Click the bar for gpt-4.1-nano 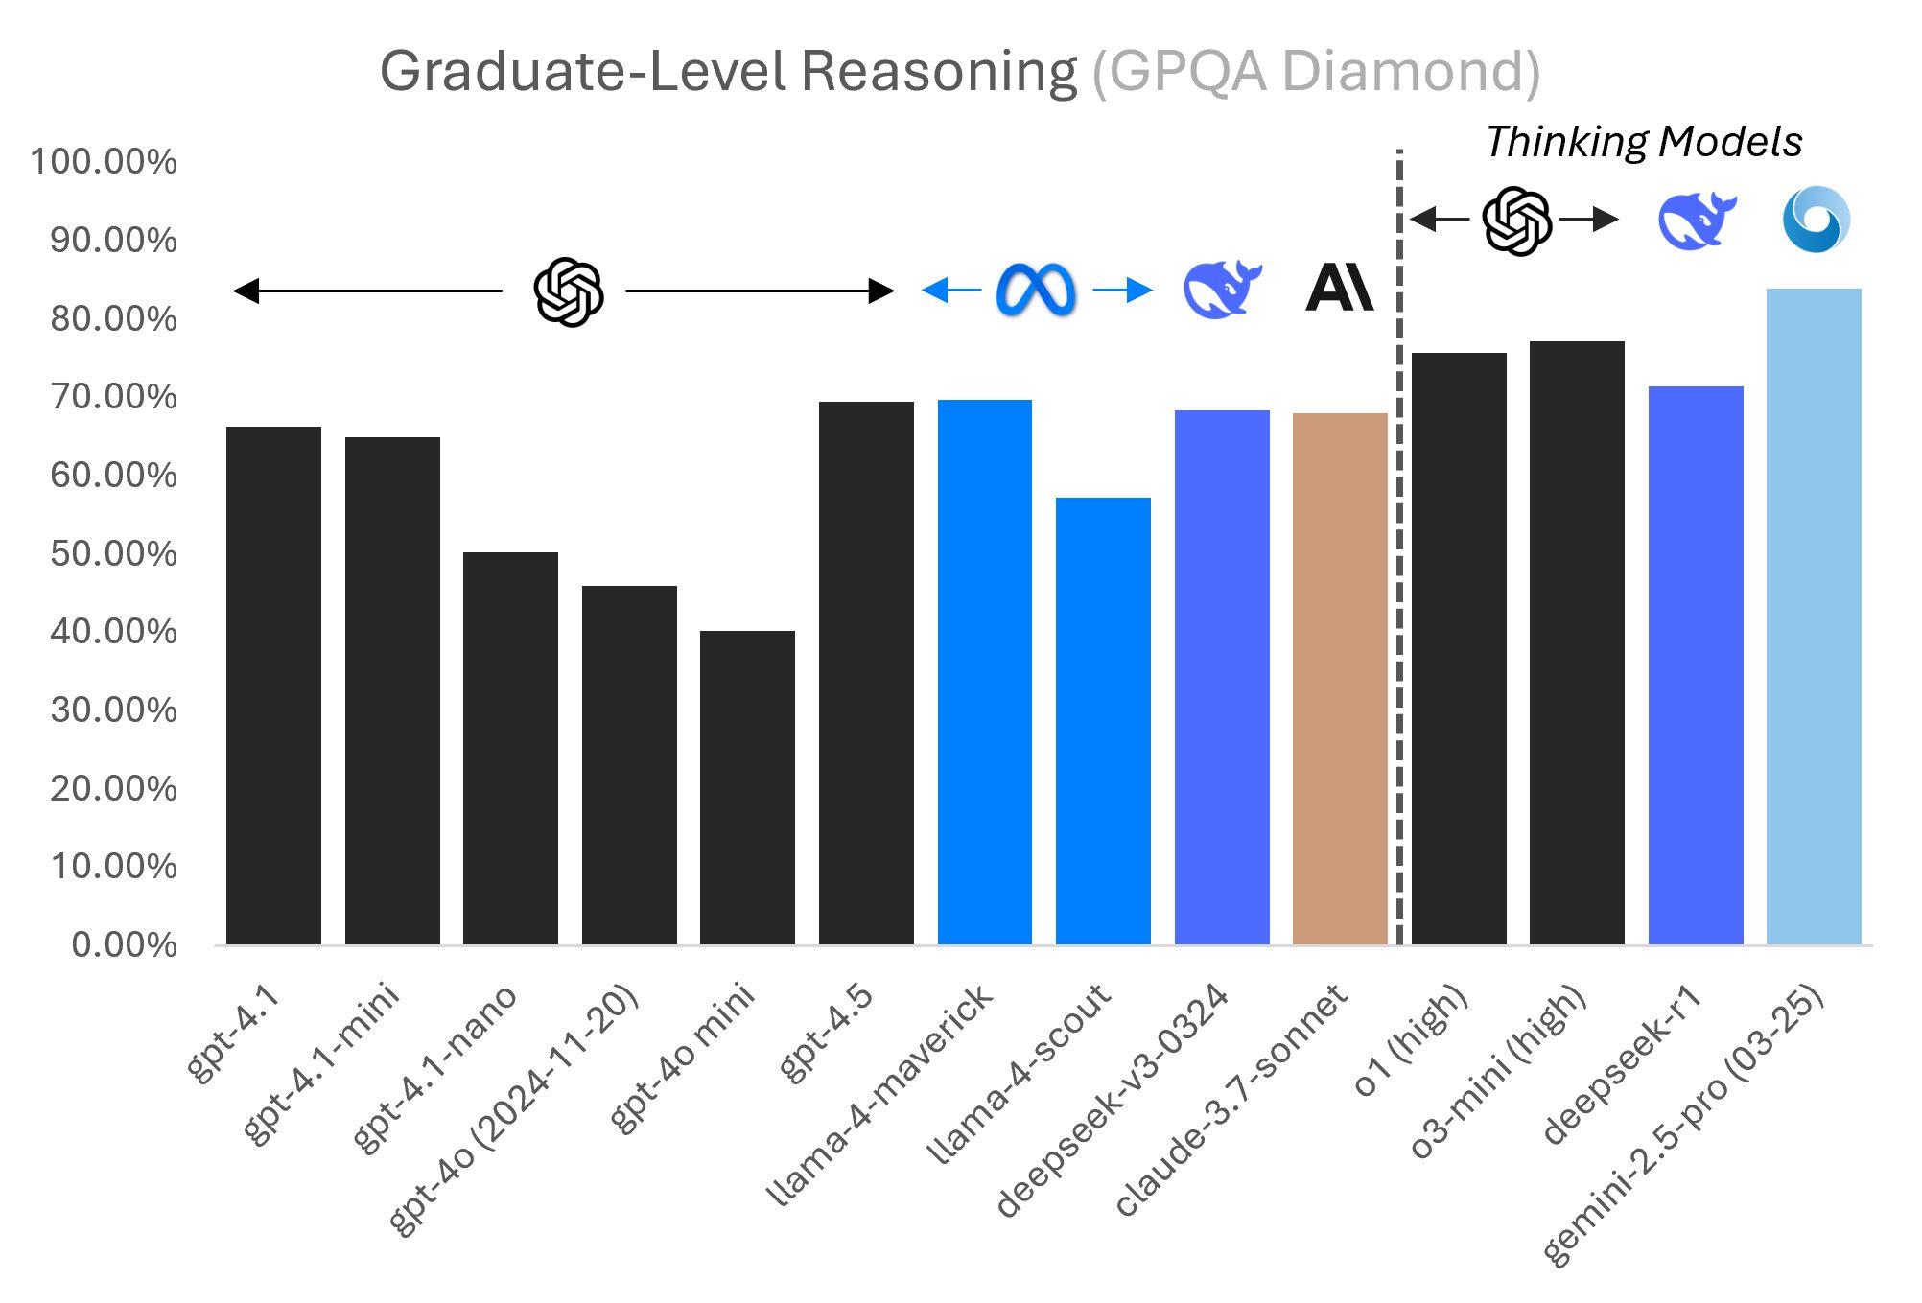[x=510, y=748]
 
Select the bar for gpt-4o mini [x=747, y=787]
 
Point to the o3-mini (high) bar [x=1577, y=642]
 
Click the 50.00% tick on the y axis [x=113, y=554]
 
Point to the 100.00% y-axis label [x=104, y=161]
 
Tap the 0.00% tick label [x=124, y=945]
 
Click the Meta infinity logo [x=1036, y=290]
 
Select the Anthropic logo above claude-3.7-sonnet [x=1339, y=288]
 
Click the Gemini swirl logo [x=1816, y=220]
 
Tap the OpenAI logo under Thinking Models [x=1516, y=221]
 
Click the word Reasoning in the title [x=939, y=72]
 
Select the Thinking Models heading [x=1644, y=142]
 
